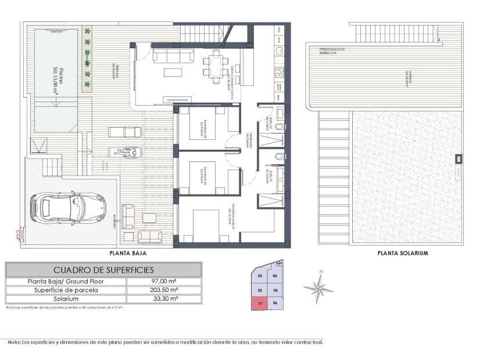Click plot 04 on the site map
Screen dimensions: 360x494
[x=275, y=276]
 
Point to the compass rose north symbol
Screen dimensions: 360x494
[x=318, y=286]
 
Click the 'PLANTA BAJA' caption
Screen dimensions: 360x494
[x=127, y=253]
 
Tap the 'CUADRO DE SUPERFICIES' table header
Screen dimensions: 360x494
[x=103, y=270]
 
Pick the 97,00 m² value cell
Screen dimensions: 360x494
[x=164, y=282]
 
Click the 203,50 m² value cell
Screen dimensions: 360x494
[x=164, y=290]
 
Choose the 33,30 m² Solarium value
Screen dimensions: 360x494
[x=164, y=299]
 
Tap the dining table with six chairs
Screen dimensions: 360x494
[x=216, y=63]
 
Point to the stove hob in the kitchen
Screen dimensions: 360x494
[x=279, y=72]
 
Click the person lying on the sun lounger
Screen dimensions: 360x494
[x=128, y=153]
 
